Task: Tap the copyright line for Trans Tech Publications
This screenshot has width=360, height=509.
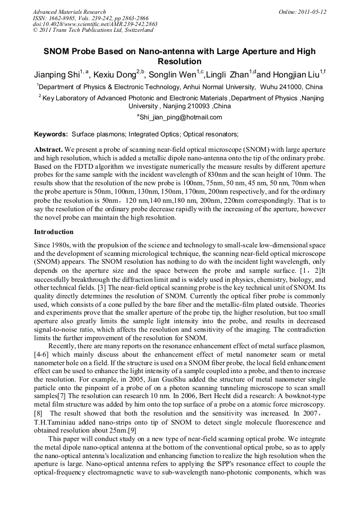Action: (93, 30)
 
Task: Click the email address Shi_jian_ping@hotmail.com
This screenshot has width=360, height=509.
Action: (181, 117)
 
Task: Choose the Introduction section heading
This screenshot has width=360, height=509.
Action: (54, 232)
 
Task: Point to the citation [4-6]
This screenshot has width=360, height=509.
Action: (42, 354)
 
